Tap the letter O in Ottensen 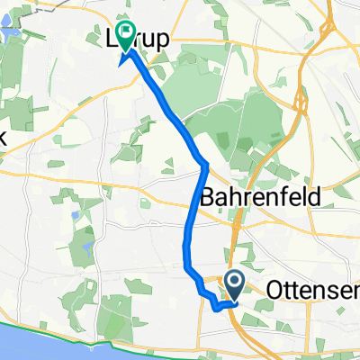point(274,291)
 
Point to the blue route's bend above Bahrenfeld point(205,165)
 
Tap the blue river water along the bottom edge point(54,346)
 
